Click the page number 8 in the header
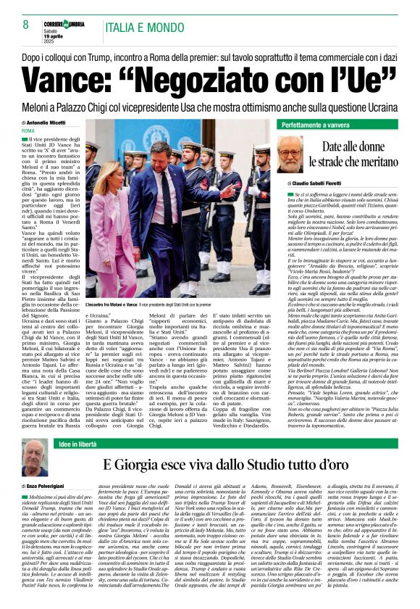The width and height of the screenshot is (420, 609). (26, 24)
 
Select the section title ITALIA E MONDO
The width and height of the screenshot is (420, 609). (143, 28)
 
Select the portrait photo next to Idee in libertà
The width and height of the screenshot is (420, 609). (35, 457)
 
